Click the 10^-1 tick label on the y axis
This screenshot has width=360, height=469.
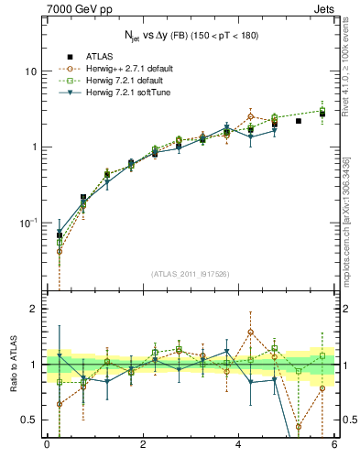(27, 224)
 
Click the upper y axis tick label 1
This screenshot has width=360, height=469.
(32, 147)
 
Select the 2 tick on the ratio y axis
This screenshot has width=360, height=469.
(32, 310)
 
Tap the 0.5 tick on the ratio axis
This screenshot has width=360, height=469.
(27, 420)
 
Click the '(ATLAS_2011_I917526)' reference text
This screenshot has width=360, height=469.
(191, 273)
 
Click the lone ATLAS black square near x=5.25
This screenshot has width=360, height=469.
(299, 121)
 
